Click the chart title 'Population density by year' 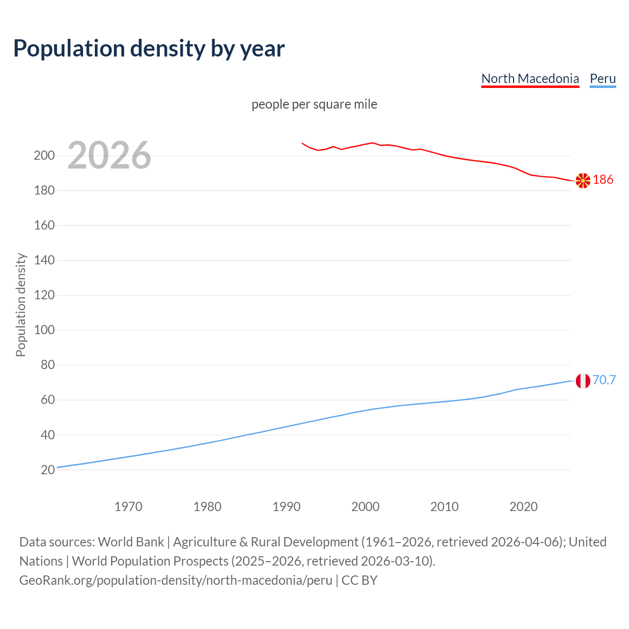click(x=149, y=49)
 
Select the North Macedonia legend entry click(x=530, y=79)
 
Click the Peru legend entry click(x=602, y=79)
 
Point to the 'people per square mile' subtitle click(x=314, y=105)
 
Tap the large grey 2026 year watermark click(x=109, y=155)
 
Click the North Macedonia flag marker click(x=583, y=180)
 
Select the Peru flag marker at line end click(x=583, y=381)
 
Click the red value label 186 click(x=603, y=180)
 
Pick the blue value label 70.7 click(x=604, y=380)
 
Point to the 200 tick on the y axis click(x=44, y=156)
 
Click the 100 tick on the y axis click(x=44, y=330)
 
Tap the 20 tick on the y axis click(x=48, y=470)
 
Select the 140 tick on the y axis click(x=44, y=260)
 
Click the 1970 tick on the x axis click(x=128, y=507)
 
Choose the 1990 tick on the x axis click(x=286, y=507)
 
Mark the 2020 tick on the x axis click(x=523, y=507)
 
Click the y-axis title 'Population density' click(x=21, y=305)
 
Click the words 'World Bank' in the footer click(x=131, y=542)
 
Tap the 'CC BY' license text click(x=359, y=580)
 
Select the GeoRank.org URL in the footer click(x=175, y=580)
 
